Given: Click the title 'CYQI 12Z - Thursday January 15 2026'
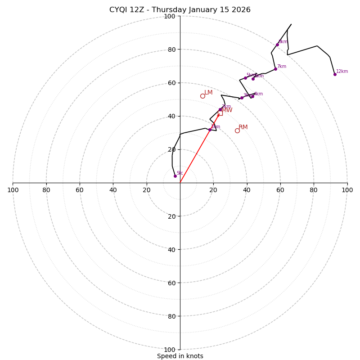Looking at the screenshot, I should point(180,10).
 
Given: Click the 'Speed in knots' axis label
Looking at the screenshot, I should point(180,356).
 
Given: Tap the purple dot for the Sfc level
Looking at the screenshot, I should point(175,176).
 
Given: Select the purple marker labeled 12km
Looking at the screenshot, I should point(335,74).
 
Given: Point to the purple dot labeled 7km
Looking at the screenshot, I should point(275,69).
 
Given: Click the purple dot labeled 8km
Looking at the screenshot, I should point(277,45).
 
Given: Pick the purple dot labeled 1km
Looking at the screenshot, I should point(210,130).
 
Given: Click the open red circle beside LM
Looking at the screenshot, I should point(202,96).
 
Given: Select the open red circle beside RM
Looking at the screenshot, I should point(237,130).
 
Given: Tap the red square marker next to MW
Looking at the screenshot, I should point(220,113).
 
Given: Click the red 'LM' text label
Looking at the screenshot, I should point(208,93).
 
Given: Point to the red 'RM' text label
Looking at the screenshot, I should point(243,127).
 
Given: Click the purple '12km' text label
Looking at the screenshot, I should point(342,72).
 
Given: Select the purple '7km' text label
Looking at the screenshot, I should point(282,67).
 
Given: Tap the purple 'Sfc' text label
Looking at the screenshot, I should point(180,173).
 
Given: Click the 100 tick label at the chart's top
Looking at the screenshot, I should point(170,17).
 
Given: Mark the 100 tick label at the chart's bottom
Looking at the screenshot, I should point(170,350).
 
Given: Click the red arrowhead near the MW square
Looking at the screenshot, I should point(218,115).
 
